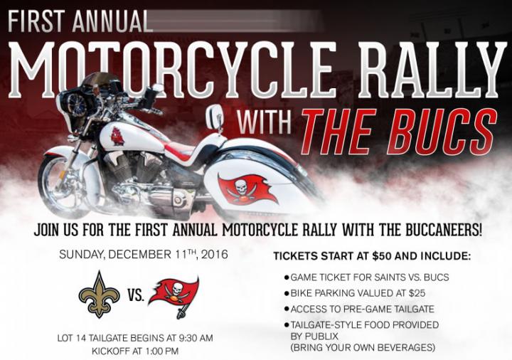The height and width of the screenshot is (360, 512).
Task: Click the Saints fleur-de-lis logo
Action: (x=99, y=295)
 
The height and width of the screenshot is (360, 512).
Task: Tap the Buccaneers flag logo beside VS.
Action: (x=173, y=295)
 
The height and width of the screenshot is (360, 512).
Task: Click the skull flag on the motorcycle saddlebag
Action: (x=247, y=189)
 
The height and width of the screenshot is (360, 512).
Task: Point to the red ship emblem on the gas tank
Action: (x=117, y=137)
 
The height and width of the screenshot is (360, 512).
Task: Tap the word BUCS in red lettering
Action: (x=440, y=132)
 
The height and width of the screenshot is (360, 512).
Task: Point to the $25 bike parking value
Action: (x=417, y=293)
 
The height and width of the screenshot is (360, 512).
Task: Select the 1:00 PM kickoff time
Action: (x=162, y=351)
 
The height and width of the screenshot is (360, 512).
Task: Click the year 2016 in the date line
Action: (x=215, y=254)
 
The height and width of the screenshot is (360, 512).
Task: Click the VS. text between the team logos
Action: (x=136, y=295)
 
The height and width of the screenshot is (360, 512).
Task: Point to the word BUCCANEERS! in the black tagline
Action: (x=444, y=230)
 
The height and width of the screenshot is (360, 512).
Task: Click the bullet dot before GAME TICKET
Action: (x=287, y=277)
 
